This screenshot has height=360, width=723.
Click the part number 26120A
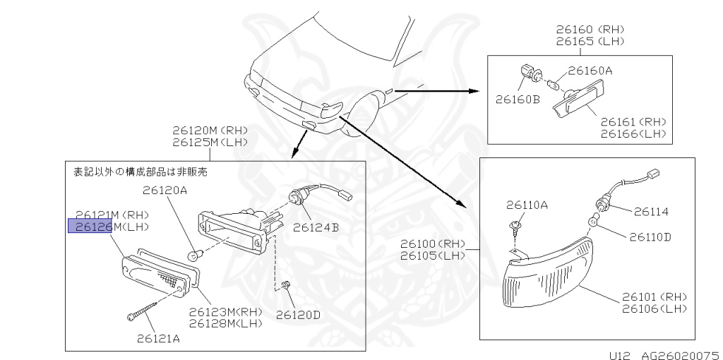point(165,190)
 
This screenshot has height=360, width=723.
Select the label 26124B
point(316,227)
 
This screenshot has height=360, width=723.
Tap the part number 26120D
point(297,314)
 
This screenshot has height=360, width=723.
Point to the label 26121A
point(158,337)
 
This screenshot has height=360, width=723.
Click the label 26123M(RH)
point(225,311)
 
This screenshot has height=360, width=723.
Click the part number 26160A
point(590,71)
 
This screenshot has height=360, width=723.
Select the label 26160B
point(518,100)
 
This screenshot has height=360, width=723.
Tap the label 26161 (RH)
point(633,122)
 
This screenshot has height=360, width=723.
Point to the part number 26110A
point(527,205)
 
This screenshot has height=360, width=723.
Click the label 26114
point(650,211)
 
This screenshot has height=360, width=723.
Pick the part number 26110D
point(647,236)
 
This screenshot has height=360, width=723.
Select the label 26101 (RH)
point(654,296)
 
